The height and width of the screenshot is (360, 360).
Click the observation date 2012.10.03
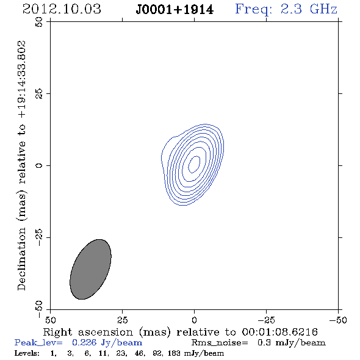(x=62, y=9)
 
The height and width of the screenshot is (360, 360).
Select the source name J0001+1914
(x=175, y=10)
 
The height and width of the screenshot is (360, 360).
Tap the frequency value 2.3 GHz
(x=309, y=9)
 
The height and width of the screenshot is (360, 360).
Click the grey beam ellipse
(x=90, y=269)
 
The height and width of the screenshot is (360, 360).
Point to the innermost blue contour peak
(x=194, y=164)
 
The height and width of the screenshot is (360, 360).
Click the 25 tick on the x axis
(x=122, y=320)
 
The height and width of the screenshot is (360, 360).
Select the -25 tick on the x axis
(x=266, y=320)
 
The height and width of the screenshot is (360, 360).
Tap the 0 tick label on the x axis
(x=194, y=320)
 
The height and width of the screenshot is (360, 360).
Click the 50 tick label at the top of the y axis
(x=39, y=22)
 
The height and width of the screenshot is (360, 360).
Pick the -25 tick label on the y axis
(x=39, y=237)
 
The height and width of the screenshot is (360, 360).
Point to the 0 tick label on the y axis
(x=39, y=165)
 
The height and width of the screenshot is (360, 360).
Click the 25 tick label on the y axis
(x=39, y=94)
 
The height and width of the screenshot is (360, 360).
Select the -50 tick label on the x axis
(x=338, y=320)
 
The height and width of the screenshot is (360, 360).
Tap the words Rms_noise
(x=220, y=342)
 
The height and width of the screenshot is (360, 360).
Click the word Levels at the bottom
(x=27, y=353)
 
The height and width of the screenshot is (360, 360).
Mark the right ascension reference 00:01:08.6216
(x=280, y=332)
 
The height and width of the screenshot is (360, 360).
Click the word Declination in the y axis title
(x=21, y=259)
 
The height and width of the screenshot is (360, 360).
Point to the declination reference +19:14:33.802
(x=22, y=80)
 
